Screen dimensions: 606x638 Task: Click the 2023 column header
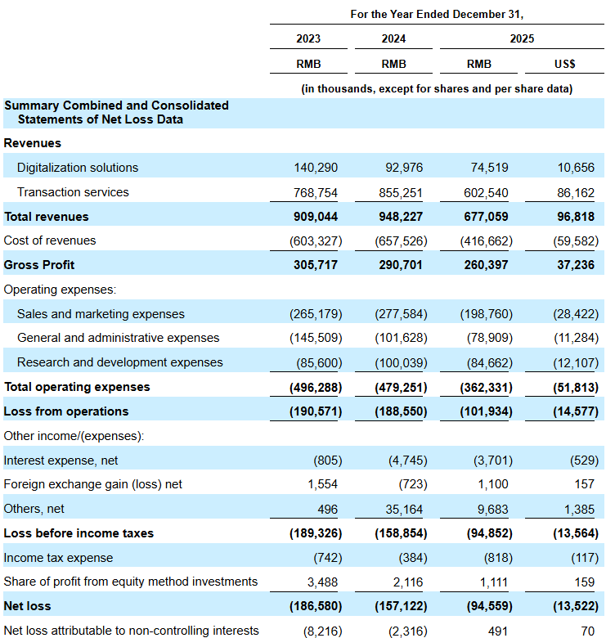pyautogui.click(x=308, y=38)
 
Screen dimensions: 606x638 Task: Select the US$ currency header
pyautogui.click(x=564, y=64)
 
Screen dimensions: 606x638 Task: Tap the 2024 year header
pyautogui.click(x=393, y=38)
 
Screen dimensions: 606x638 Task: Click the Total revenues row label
pyautogui.click(x=47, y=217)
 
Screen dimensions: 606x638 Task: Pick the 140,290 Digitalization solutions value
pyautogui.click(x=316, y=168)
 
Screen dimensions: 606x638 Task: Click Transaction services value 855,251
pyautogui.click(x=401, y=192)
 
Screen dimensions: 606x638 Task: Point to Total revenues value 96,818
pyautogui.click(x=576, y=217)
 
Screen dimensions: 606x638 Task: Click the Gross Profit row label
pyautogui.click(x=39, y=265)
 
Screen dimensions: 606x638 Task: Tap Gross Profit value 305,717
pyautogui.click(x=316, y=265)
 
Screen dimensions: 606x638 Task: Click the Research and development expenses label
pyautogui.click(x=120, y=362)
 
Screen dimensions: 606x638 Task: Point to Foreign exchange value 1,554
pyautogui.click(x=322, y=484)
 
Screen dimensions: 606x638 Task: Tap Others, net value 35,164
pyautogui.click(x=404, y=509)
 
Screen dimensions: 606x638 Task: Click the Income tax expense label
pyautogui.click(x=58, y=558)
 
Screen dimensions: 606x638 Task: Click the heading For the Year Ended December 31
pyautogui.click(x=437, y=14)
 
